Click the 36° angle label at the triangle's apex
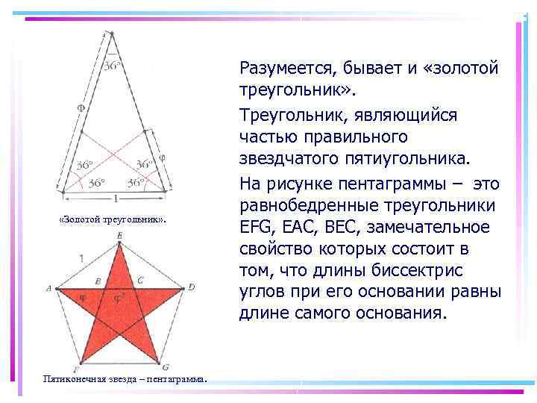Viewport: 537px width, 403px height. (x=112, y=65)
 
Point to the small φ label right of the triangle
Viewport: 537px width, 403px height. (x=163, y=158)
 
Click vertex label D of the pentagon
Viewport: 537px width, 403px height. (x=192, y=287)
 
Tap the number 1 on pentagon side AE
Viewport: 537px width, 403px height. (x=81, y=257)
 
